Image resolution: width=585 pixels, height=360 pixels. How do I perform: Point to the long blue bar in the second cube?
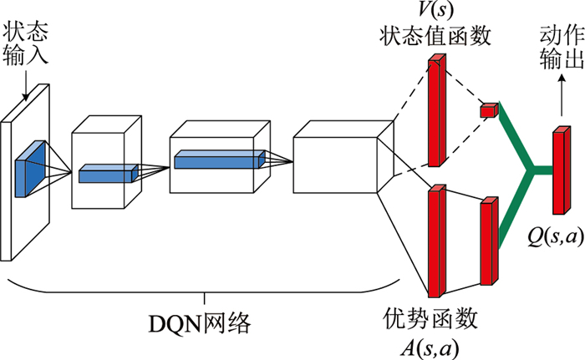point(219,159)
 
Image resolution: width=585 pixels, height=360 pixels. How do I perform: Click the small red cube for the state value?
point(489,109)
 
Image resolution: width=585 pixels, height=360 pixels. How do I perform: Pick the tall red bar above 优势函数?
point(435,242)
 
